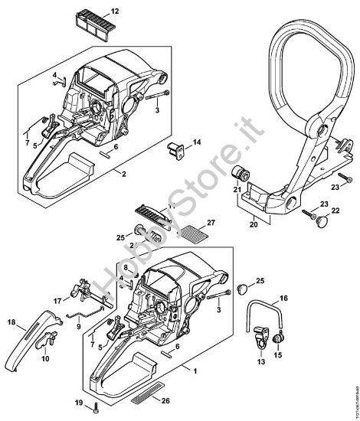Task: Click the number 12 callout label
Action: (115, 12)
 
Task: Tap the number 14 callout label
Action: (196, 142)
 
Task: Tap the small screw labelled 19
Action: (93, 404)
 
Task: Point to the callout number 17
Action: (57, 300)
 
